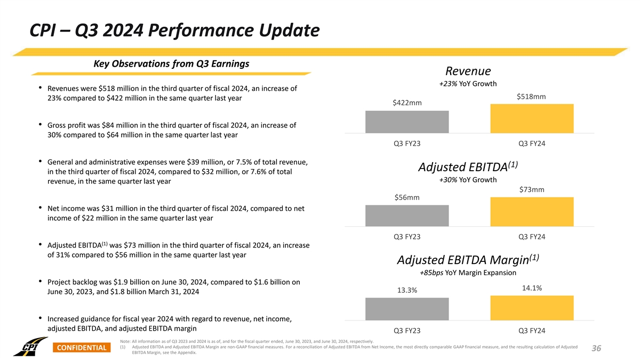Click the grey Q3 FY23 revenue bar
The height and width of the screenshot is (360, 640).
[407, 122]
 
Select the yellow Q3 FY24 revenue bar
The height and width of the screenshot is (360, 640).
[532, 118]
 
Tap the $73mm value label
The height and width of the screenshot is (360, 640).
[532, 190]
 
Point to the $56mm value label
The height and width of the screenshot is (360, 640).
[407, 198]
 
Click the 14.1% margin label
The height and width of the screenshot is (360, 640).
[532, 289]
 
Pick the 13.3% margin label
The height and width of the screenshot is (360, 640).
[407, 291]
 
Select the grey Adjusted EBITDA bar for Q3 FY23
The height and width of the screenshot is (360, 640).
[407, 215]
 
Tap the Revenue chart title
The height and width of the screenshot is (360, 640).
[468, 71]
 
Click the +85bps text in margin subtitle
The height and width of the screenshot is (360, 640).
[431, 273]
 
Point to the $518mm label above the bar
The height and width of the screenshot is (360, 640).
[531, 97]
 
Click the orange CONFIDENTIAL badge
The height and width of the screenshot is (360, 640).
[81, 348]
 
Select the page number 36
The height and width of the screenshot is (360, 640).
[596, 348]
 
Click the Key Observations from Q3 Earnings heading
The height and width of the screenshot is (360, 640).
[171, 64]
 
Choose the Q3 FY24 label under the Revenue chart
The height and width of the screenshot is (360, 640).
[532, 143]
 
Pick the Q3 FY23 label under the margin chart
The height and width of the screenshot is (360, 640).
[407, 330]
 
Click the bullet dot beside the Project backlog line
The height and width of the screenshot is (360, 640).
[41, 282]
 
